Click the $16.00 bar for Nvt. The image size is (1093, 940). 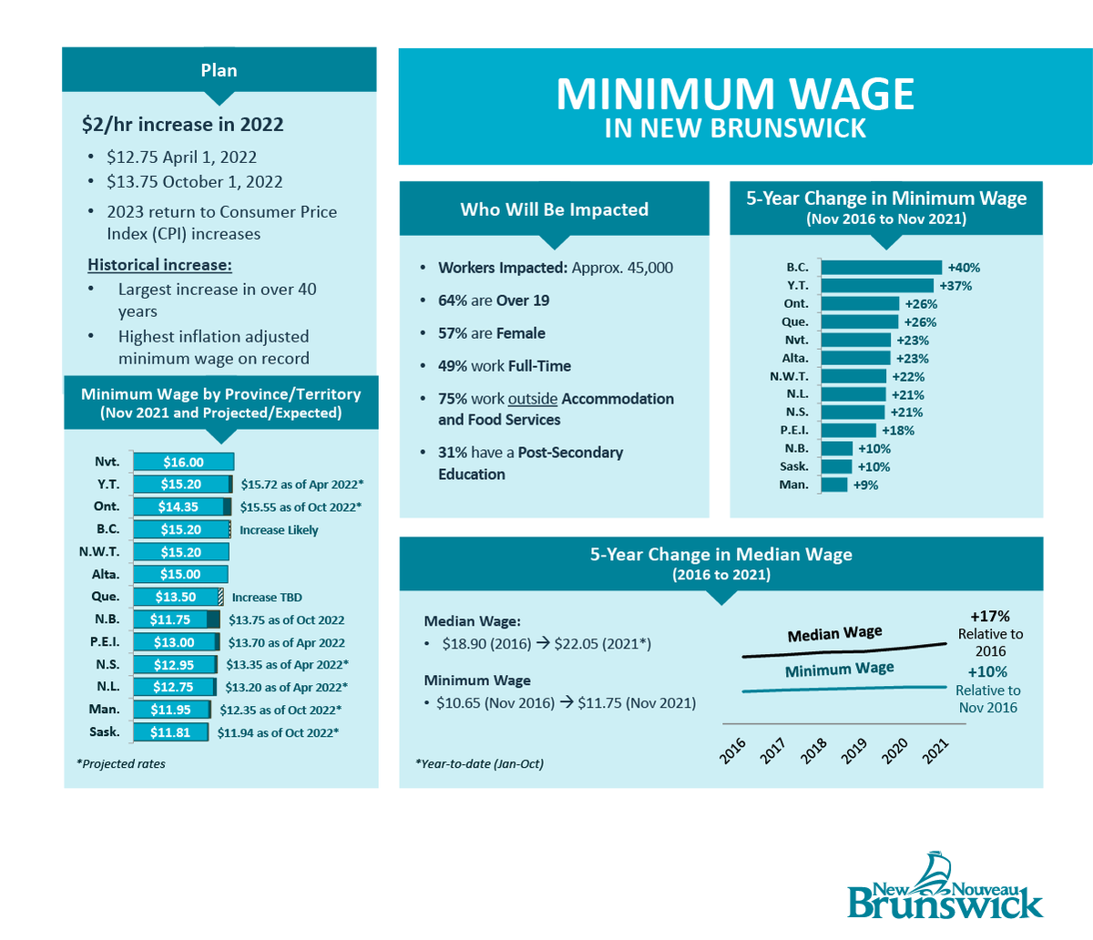pyautogui.click(x=183, y=462)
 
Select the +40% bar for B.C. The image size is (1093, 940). pyautogui.click(x=881, y=268)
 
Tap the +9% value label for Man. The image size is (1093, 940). pyautogui.click(x=865, y=485)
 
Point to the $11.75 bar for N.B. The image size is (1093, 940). pyautogui.click(x=177, y=619)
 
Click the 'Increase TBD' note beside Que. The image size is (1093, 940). pyautogui.click(x=267, y=598)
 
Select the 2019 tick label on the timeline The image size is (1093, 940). pyautogui.click(x=854, y=749)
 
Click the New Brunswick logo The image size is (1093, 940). pyautogui.click(x=945, y=887)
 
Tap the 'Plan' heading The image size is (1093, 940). pyautogui.click(x=219, y=70)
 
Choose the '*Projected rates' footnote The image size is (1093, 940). pyautogui.click(x=121, y=764)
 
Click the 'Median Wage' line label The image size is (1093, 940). pyautogui.click(x=834, y=633)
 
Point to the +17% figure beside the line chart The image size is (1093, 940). pyautogui.click(x=989, y=617)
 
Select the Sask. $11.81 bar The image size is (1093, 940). pyautogui.click(x=171, y=732)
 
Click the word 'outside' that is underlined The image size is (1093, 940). pyautogui.click(x=533, y=399)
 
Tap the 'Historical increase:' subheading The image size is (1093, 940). pyautogui.click(x=159, y=265)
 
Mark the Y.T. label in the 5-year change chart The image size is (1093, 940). pyautogui.click(x=797, y=286)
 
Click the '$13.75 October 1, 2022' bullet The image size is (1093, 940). pyautogui.click(x=194, y=182)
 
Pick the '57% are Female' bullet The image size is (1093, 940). pyautogui.click(x=492, y=333)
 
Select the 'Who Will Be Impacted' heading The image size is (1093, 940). pyautogui.click(x=554, y=209)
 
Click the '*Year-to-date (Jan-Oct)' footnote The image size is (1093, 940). pyautogui.click(x=479, y=764)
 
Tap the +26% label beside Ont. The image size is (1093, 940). pyautogui.click(x=920, y=304)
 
